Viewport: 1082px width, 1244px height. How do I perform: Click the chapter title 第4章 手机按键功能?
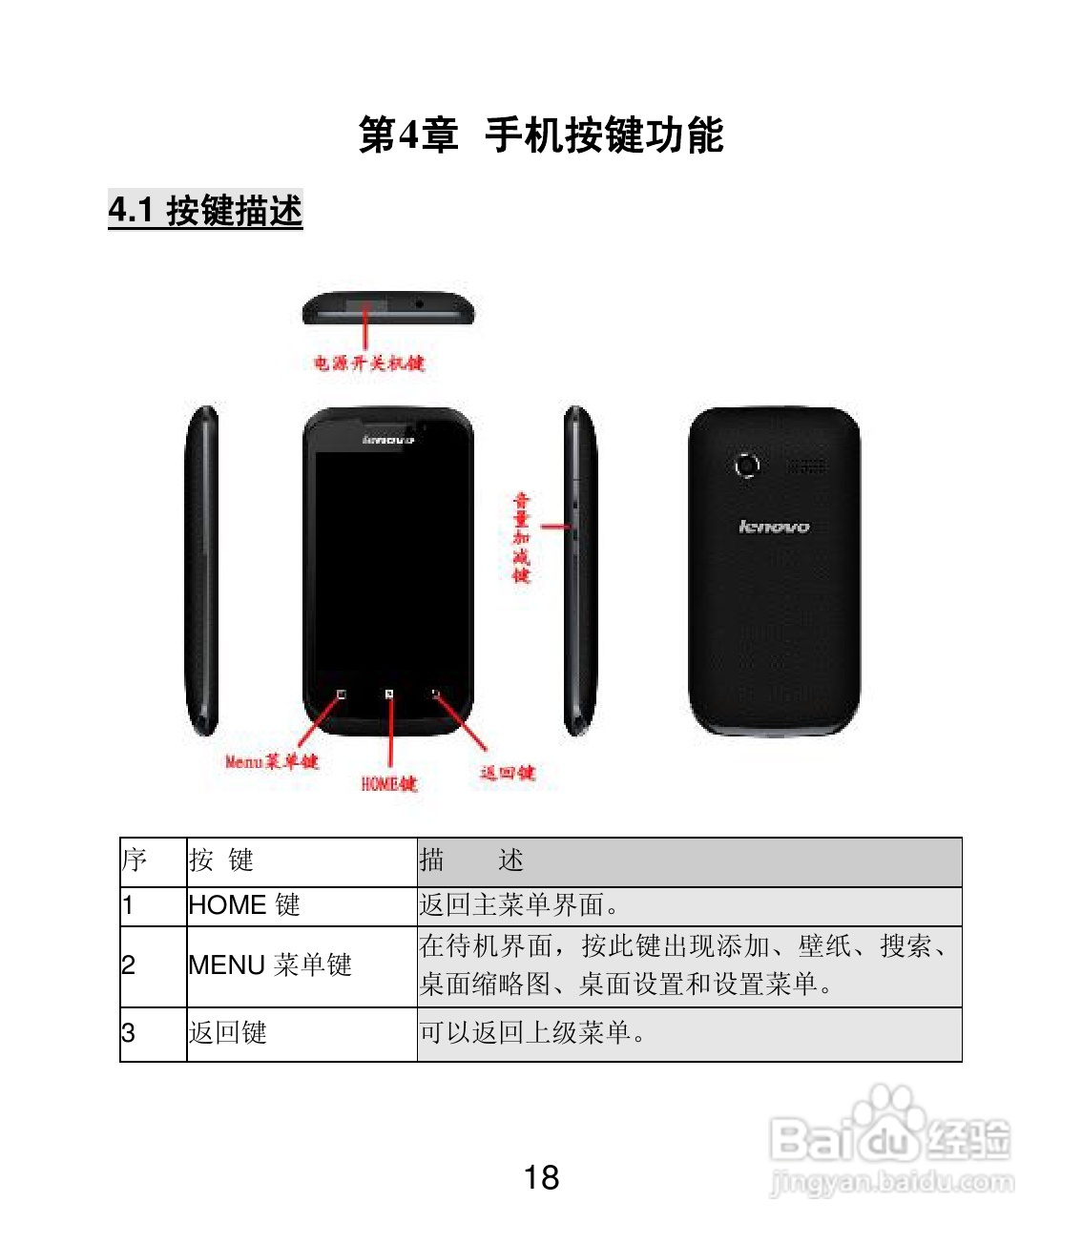(541, 135)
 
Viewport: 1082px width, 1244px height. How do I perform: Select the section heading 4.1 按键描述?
(205, 211)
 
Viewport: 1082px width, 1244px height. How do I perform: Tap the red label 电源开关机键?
(369, 363)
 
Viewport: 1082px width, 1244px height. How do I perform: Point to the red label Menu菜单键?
(271, 761)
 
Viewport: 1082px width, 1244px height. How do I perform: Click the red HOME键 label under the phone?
(388, 783)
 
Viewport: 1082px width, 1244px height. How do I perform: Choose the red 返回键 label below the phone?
(507, 773)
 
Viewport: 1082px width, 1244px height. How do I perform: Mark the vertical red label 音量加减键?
(521, 537)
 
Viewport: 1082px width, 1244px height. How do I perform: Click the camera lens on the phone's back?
(746, 466)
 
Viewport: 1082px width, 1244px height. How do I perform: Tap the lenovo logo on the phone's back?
(774, 527)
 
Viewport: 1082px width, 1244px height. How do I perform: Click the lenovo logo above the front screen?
(388, 440)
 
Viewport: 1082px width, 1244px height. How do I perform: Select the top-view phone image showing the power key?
(388, 308)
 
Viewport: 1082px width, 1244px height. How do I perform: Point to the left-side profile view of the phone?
(202, 570)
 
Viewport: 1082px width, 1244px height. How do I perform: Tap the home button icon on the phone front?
(389, 695)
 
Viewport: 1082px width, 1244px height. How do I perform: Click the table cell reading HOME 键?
(244, 904)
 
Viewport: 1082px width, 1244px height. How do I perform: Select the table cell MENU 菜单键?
(270, 965)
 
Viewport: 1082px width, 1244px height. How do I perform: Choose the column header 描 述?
(471, 860)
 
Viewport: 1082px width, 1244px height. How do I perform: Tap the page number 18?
(541, 1177)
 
